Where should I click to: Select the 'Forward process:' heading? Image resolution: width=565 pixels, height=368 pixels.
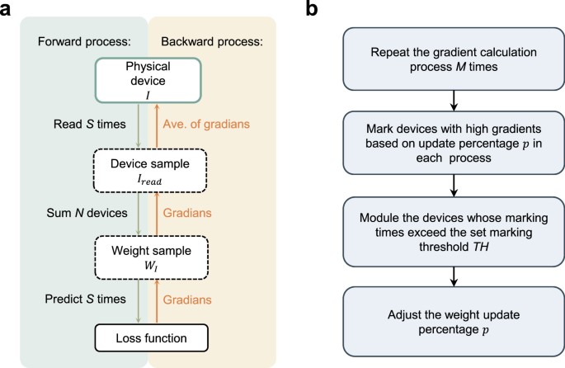click(75, 40)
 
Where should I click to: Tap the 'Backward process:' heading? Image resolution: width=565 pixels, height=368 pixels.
click(207, 40)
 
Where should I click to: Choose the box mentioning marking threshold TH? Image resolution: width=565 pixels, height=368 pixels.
click(451, 229)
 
